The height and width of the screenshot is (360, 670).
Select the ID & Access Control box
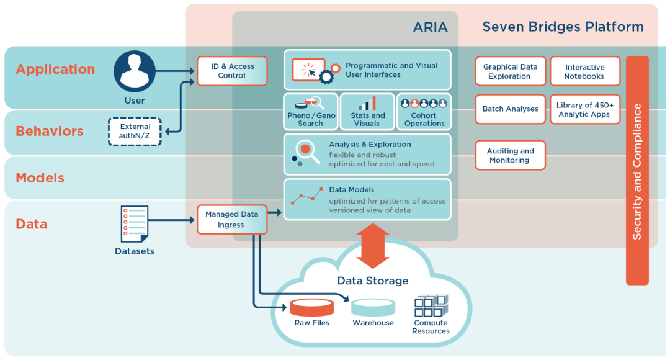(232, 71)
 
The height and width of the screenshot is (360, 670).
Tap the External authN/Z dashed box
(135, 132)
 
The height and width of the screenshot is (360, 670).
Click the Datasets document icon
(135, 224)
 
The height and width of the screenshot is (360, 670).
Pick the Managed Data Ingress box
(231, 219)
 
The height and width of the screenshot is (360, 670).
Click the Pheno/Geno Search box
(311, 112)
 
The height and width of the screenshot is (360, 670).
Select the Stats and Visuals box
(367, 112)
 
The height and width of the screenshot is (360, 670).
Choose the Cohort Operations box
(424, 112)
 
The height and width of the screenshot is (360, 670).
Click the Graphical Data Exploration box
(510, 71)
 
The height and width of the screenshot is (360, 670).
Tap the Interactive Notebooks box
(584, 71)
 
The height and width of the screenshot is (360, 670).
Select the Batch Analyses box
(510, 109)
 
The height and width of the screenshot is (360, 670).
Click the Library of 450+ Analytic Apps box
(584, 109)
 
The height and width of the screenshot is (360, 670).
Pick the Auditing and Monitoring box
(510, 155)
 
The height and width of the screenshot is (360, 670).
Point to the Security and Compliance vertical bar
(637, 171)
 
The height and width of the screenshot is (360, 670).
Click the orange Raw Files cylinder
(311, 307)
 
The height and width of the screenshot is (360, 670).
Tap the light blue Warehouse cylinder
(373, 307)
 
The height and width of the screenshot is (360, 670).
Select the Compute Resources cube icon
(431, 305)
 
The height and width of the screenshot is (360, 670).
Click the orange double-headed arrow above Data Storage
(373, 246)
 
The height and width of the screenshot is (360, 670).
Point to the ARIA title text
(431, 27)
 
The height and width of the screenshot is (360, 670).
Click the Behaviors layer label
(50, 132)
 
